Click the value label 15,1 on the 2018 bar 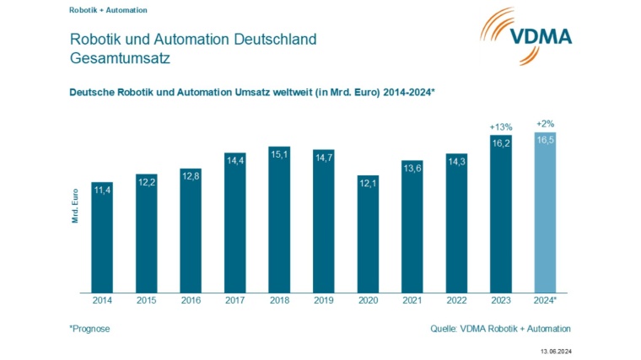[279, 154]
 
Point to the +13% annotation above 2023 [501, 126]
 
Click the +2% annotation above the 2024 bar [546, 123]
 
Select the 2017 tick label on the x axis [234, 300]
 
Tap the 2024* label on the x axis [546, 300]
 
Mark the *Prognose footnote [89, 328]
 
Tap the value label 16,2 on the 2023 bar [501, 143]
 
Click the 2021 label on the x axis [412, 300]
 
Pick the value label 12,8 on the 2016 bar [191, 175]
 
